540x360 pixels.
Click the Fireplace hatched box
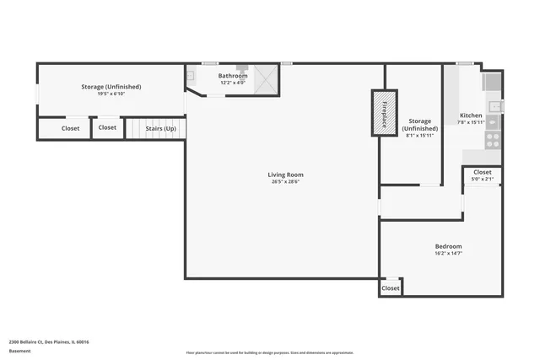(x=384, y=113)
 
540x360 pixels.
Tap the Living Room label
(x=279, y=175)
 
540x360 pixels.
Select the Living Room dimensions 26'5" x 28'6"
(x=279, y=181)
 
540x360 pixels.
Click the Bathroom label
(x=233, y=76)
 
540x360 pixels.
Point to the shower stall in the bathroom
(x=266, y=79)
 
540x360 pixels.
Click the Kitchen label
(x=471, y=115)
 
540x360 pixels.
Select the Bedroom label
(x=448, y=245)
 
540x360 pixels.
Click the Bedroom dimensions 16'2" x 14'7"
(x=448, y=253)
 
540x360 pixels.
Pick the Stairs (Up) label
(x=160, y=128)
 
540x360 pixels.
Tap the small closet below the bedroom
(x=390, y=288)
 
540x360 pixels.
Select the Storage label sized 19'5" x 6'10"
(x=111, y=87)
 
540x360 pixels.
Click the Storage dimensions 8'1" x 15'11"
(x=420, y=135)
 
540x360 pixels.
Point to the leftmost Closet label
(x=71, y=128)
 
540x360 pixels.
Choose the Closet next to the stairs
(x=107, y=127)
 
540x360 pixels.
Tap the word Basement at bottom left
(x=20, y=351)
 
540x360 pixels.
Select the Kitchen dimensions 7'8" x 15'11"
(x=471, y=122)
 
